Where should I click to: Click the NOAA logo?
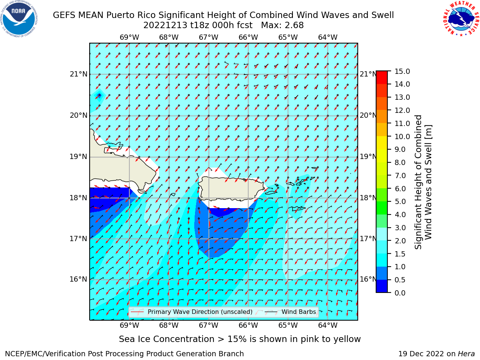[19, 19]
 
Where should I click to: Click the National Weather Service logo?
[461, 18]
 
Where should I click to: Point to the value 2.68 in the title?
[294, 25]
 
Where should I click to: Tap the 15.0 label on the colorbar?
[402, 72]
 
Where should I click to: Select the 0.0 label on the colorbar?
[400, 293]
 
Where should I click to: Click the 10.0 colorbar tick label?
[402, 136]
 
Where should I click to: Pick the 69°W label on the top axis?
[129, 37]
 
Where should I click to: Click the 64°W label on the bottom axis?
[328, 325]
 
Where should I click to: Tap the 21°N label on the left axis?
[78, 74]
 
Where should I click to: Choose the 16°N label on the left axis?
[78, 279]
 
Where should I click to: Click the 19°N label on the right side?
[368, 157]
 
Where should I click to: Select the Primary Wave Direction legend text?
[200, 312]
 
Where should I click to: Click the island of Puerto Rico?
[231, 189]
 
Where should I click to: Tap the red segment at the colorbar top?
[382, 78]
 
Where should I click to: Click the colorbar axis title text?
[423, 182]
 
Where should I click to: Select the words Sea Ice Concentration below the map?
[166, 339]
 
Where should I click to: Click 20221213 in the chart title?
[165, 25]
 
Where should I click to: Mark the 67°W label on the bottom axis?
[208, 325]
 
